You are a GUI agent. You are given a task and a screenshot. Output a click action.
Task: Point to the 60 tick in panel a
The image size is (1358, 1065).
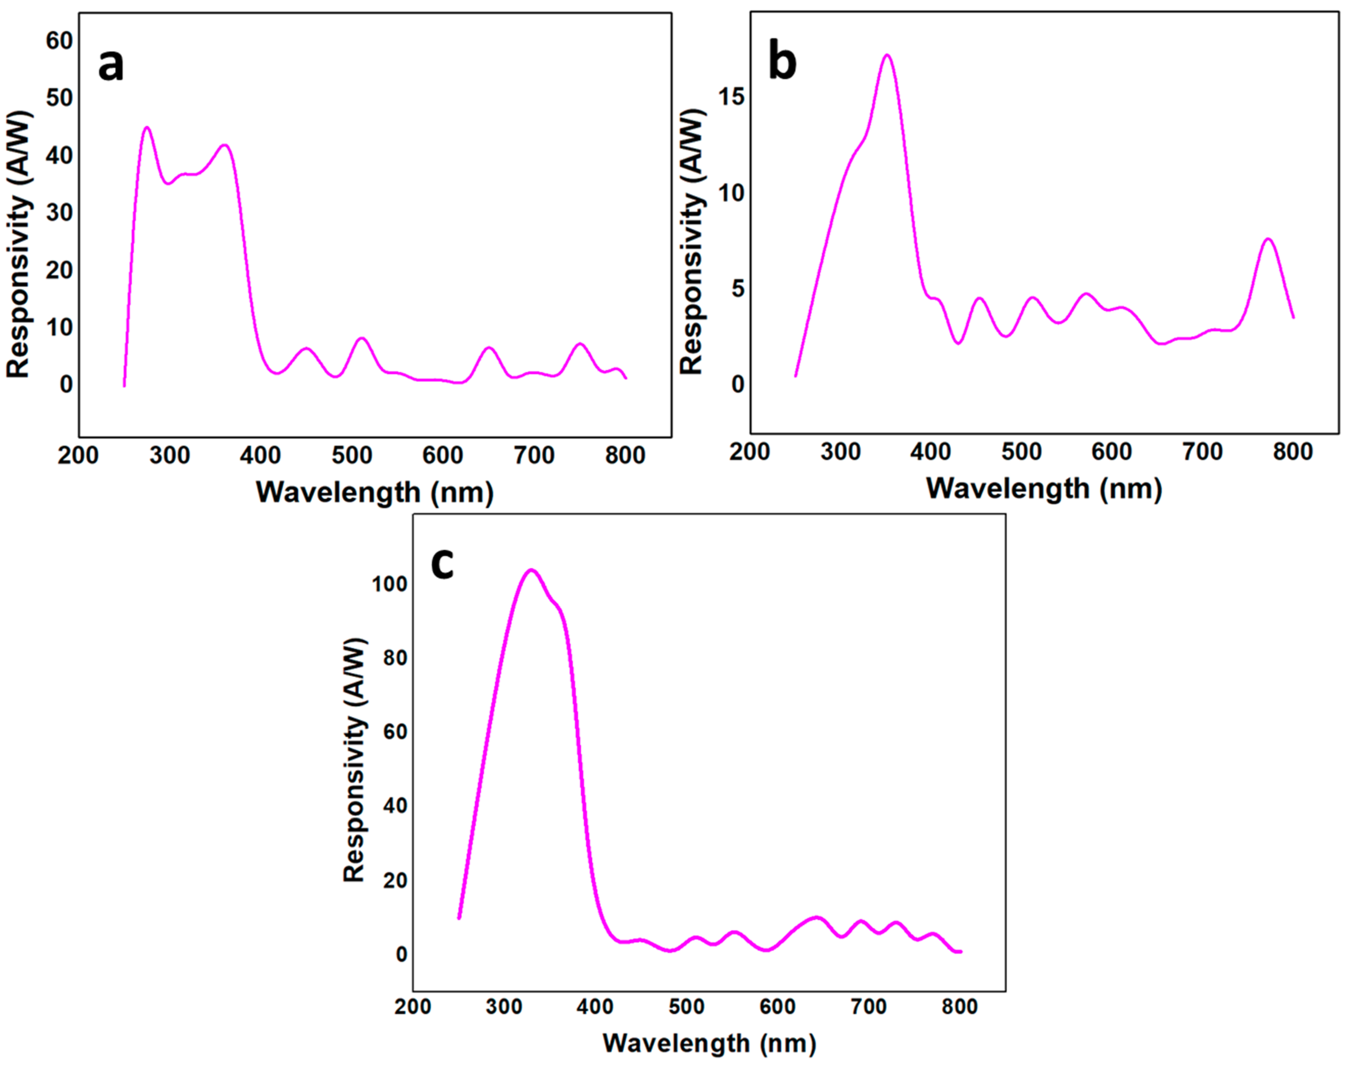[x=59, y=41]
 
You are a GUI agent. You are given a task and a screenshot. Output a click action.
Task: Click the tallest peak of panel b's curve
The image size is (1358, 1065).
[x=887, y=55]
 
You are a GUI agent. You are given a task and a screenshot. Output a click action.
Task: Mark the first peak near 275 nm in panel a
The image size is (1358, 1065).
[x=147, y=128]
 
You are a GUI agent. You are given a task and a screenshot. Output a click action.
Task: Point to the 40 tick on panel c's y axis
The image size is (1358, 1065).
[x=395, y=806]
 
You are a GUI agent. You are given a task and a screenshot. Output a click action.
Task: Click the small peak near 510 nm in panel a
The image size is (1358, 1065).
[x=362, y=339]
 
